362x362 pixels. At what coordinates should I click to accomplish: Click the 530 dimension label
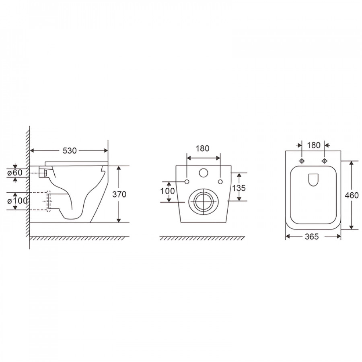point(70,151)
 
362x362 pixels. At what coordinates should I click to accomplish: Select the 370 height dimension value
point(119,194)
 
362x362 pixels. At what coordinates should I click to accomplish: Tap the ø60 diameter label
point(15,173)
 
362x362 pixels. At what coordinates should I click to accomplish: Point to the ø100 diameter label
point(17,201)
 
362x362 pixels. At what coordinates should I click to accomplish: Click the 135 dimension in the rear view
point(239,188)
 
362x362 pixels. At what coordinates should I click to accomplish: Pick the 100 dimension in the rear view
point(168,191)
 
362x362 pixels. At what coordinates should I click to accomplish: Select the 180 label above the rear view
point(202,148)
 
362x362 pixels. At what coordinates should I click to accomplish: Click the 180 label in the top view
point(314,145)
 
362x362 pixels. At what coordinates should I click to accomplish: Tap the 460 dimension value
point(352,195)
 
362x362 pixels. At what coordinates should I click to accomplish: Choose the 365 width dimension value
point(312,237)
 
